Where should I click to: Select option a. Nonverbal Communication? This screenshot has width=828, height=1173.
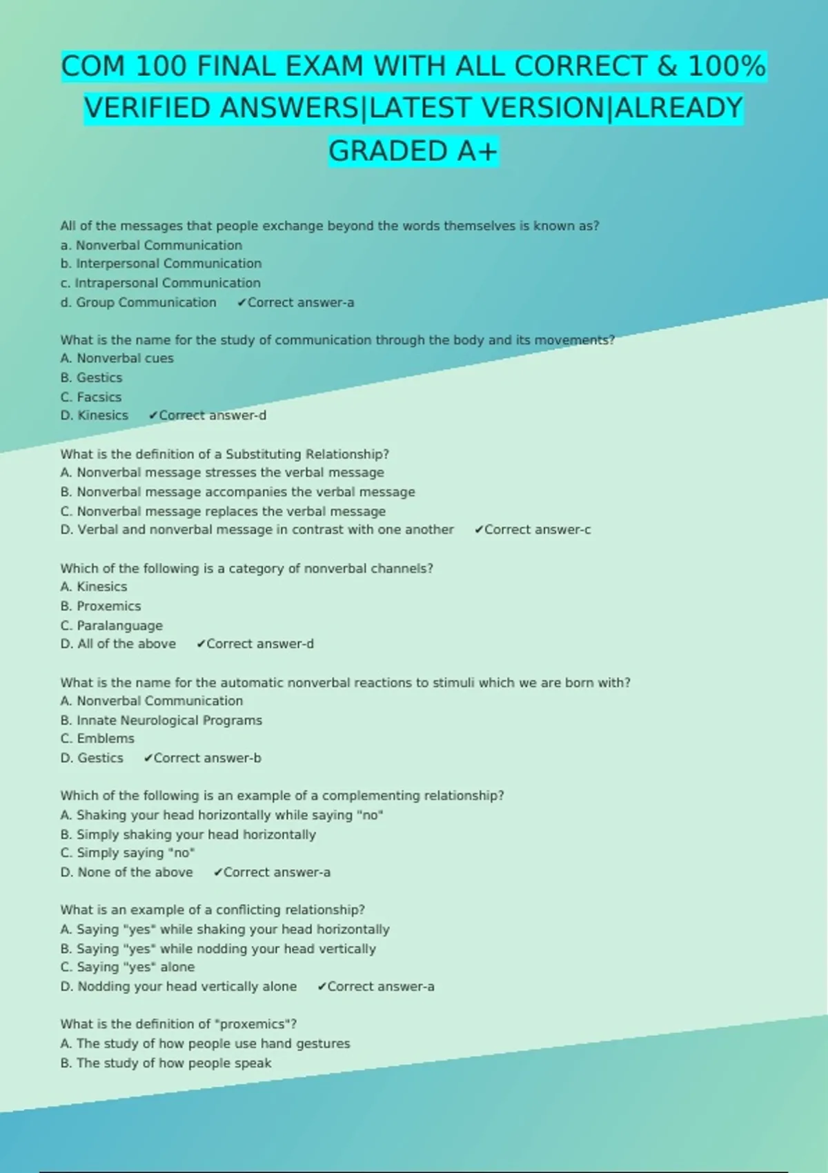coord(151,245)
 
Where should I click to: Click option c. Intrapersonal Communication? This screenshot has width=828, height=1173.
coord(160,283)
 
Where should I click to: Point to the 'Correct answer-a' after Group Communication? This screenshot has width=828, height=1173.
coord(300,302)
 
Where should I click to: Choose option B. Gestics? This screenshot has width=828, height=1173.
coord(91,377)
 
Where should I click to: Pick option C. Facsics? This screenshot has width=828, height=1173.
coord(90,397)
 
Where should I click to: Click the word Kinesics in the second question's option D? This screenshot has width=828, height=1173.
coord(103,415)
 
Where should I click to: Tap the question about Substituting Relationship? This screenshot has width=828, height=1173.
coord(224,454)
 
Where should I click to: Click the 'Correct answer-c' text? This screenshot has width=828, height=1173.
coord(537,530)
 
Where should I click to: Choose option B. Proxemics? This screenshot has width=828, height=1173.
coord(101,606)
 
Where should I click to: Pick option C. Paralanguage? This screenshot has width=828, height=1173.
coord(112,625)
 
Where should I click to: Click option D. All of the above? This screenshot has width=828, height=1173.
coord(118,644)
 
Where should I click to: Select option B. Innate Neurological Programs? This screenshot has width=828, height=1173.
coord(161,720)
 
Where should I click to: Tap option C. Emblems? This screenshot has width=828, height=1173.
coord(97,738)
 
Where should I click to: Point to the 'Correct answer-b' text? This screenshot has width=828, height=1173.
coord(207,758)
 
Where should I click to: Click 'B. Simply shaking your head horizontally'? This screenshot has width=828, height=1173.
coord(188,834)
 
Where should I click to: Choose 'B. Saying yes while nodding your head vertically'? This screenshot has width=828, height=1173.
coord(218,949)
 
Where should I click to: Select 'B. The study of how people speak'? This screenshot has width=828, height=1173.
coord(166,1063)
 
